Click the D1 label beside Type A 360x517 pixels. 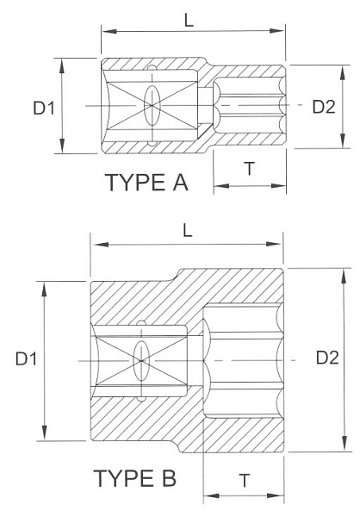click(x=44, y=108)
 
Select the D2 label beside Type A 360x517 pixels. click(x=323, y=106)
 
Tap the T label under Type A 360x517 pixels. click(x=249, y=169)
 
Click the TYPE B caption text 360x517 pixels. click(x=134, y=478)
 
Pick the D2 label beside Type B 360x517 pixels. click(x=326, y=357)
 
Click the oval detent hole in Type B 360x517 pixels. click(x=140, y=358)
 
